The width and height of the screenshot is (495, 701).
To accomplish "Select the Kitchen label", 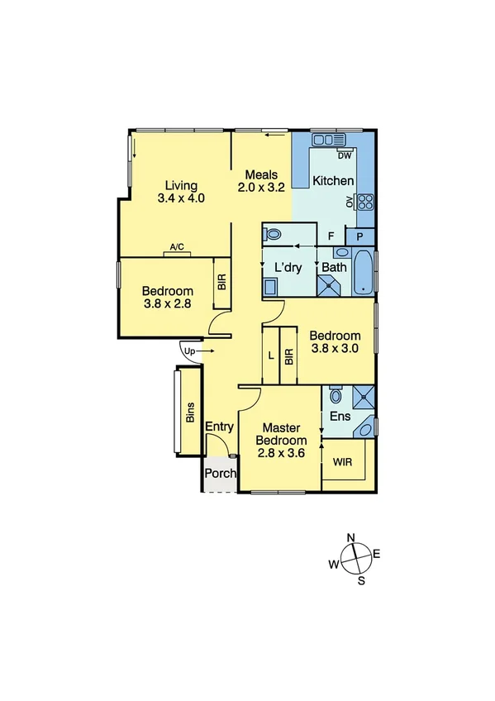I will [x=333, y=181].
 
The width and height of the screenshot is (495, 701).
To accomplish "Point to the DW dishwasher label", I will [x=345, y=155].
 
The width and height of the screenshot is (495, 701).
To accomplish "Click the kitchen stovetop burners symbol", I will [x=366, y=200].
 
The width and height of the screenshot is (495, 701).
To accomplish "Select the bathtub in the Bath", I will [x=363, y=274].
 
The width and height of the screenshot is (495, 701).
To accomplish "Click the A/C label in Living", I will [x=177, y=247].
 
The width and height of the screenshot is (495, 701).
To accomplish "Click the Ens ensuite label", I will [x=340, y=417].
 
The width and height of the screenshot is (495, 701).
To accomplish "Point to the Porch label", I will [x=221, y=474].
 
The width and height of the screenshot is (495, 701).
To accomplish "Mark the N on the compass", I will [x=350, y=538].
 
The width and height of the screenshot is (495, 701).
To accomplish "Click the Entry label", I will [x=220, y=427].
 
